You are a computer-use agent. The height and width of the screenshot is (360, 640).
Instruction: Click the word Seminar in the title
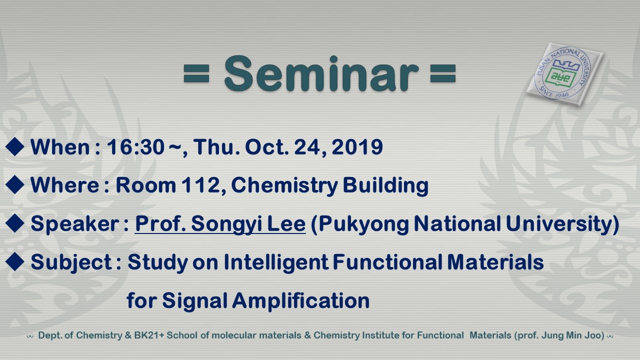pyautogui.click(x=321, y=73)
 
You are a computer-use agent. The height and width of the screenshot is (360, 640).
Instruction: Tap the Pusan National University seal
pyautogui.click(x=564, y=74)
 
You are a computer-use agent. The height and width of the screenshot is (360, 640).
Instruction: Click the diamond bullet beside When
pyautogui.click(x=14, y=146)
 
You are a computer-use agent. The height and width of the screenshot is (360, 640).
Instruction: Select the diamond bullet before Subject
pyautogui.click(x=14, y=261)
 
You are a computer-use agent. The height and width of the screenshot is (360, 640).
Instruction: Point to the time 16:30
pyautogui.click(x=135, y=147)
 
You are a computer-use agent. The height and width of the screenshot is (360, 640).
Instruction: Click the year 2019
pyautogui.click(x=357, y=147)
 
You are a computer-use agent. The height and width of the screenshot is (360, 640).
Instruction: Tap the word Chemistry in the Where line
pyautogui.click(x=284, y=185)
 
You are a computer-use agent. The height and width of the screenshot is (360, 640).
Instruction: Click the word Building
pyautogui.click(x=385, y=185)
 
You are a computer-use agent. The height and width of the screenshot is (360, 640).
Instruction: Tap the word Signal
pyautogui.click(x=194, y=301)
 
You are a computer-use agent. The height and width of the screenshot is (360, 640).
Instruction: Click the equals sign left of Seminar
pyautogui.click(x=196, y=73)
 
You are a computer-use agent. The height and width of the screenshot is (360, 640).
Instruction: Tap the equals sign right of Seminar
pyautogui.click(x=443, y=73)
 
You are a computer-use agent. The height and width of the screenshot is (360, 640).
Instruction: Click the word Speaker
pyautogui.click(x=75, y=223)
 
